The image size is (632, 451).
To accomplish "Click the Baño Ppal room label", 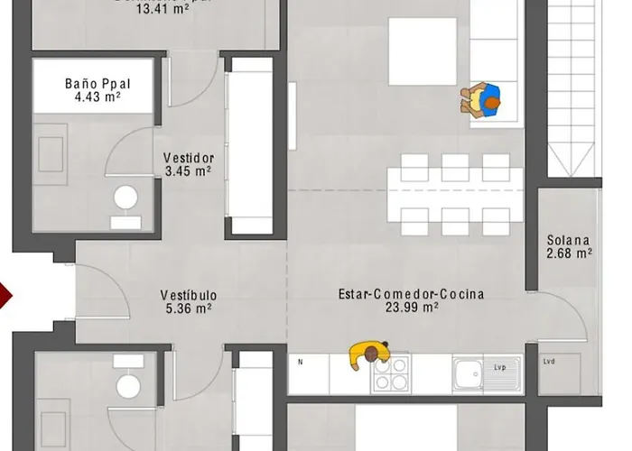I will click(93, 84).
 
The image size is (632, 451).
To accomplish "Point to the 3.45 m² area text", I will click(189, 170).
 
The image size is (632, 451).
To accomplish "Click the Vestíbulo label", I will click(188, 295).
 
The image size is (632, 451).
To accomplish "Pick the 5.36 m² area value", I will click(188, 308).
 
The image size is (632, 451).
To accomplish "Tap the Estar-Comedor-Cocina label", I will click(411, 294).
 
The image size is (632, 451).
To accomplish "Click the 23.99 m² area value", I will click(412, 308).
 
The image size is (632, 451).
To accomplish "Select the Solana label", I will click(569, 241).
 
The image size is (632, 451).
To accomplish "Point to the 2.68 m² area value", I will click(569, 253).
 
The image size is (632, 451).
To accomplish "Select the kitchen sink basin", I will click(469, 372).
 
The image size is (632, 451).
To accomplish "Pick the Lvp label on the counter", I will click(500, 367).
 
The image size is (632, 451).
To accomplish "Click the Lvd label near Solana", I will click(549, 363).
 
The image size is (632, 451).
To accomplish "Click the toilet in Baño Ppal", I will click(124, 200).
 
